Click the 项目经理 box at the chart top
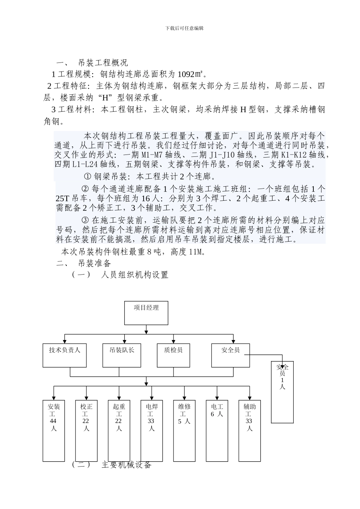click(146, 313)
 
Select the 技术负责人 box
click(65, 355)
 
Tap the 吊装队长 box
click(119, 355)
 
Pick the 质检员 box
click(174, 355)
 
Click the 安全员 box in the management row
click(230, 355)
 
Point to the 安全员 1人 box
click(282, 392)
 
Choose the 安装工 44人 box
click(54, 430)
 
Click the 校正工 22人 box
click(86, 430)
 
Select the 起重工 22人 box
click(119, 430)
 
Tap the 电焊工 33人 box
click(152, 430)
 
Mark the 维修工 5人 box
click(184, 430)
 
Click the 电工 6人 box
click(217, 430)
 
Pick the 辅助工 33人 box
click(249, 430)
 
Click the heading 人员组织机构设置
click(135, 275)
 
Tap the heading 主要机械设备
click(126, 465)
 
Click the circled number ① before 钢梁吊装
click(88, 176)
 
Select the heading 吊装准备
click(94, 263)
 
